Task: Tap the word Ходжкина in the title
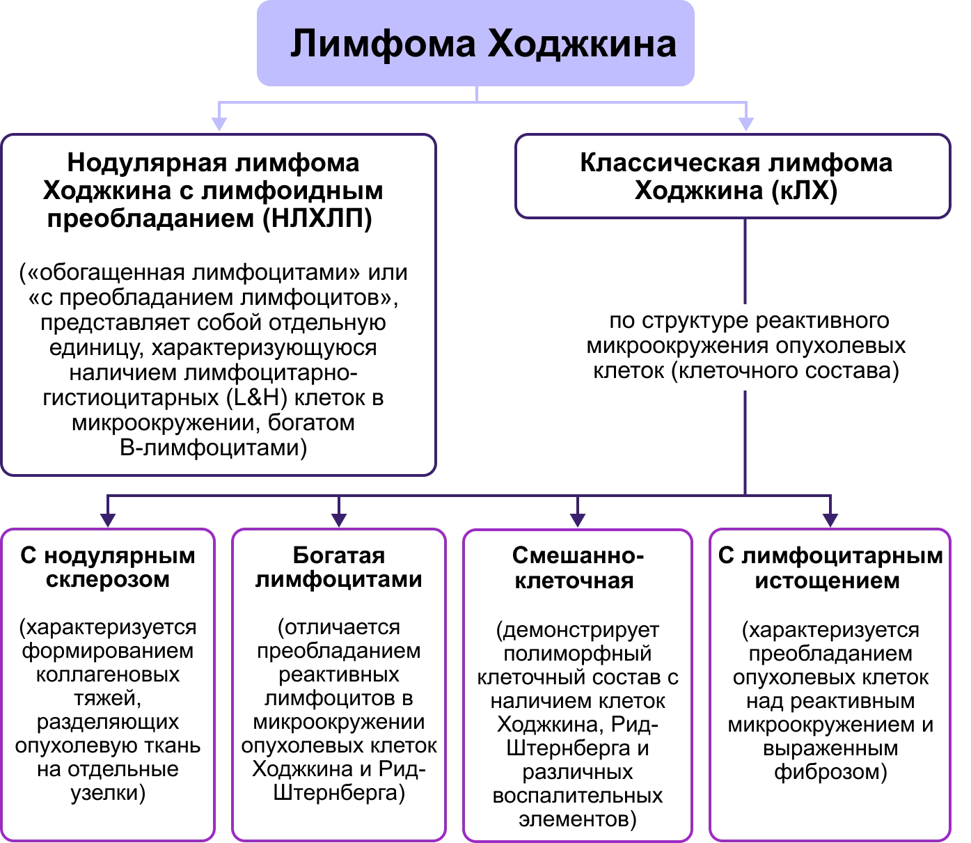581,45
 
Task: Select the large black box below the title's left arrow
219,304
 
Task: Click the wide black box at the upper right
732,177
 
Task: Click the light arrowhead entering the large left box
220,123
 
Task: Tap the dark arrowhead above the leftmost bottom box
108,519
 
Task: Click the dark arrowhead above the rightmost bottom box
830,519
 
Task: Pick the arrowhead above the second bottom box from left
339,519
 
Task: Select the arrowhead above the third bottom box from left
577,519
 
